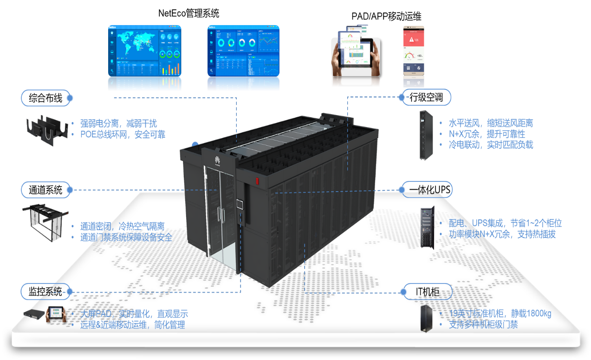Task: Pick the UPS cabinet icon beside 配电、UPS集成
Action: [x=427, y=227]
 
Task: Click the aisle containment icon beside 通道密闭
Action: [x=45, y=224]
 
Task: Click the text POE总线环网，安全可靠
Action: [x=123, y=135]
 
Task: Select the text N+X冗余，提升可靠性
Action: [x=487, y=134]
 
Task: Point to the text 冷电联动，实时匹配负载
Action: [x=490, y=145]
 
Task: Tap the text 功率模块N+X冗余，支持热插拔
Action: [x=502, y=234]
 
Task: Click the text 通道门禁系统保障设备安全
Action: [x=126, y=237]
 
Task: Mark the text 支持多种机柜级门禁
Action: [x=483, y=324]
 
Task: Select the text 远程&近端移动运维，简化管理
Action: [x=132, y=325]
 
